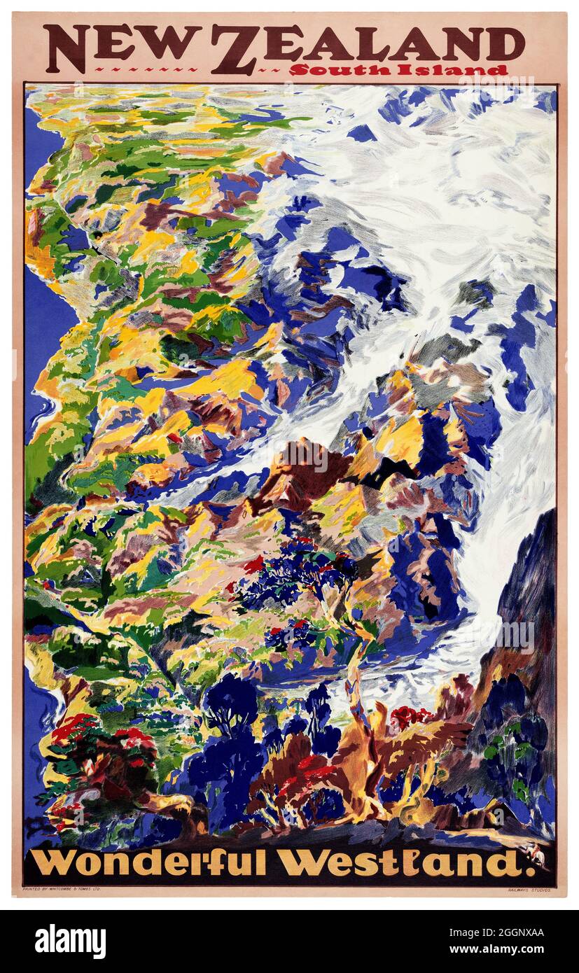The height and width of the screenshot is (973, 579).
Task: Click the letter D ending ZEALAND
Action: pyautogui.click(x=510, y=43)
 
